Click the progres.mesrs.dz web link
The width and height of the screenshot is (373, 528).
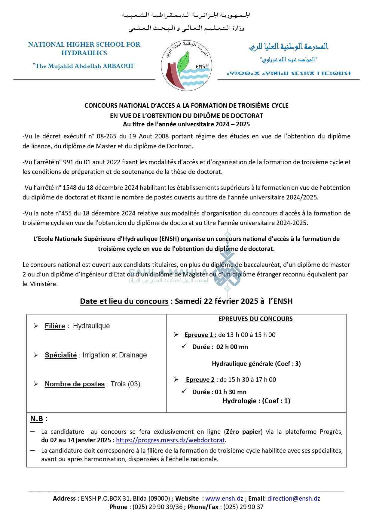[x=170, y=440]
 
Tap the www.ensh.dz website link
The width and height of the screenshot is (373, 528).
[x=224, y=498]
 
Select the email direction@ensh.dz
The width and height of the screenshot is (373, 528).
[x=294, y=498]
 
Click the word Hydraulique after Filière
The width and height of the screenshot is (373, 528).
[x=91, y=326]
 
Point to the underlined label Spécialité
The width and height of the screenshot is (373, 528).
[x=61, y=355]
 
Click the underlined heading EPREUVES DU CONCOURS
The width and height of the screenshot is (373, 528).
[x=256, y=319]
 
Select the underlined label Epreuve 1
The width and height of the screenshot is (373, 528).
[x=200, y=335]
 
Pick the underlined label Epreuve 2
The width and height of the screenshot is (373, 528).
[x=200, y=380]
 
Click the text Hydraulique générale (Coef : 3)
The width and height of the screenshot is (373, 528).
[x=256, y=363]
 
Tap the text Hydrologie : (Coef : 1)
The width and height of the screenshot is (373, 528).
[x=256, y=401]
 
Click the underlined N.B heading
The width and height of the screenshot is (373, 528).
[x=37, y=418]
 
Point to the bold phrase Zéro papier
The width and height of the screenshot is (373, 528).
[x=243, y=432]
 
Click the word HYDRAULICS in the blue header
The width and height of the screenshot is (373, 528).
[x=84, y=53]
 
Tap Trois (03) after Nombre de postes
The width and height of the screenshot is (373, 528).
[x=125, y=384]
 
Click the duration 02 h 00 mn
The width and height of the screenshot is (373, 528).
[x=232, y=347]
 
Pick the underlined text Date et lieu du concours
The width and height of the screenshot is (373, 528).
[x=124, y=301]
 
